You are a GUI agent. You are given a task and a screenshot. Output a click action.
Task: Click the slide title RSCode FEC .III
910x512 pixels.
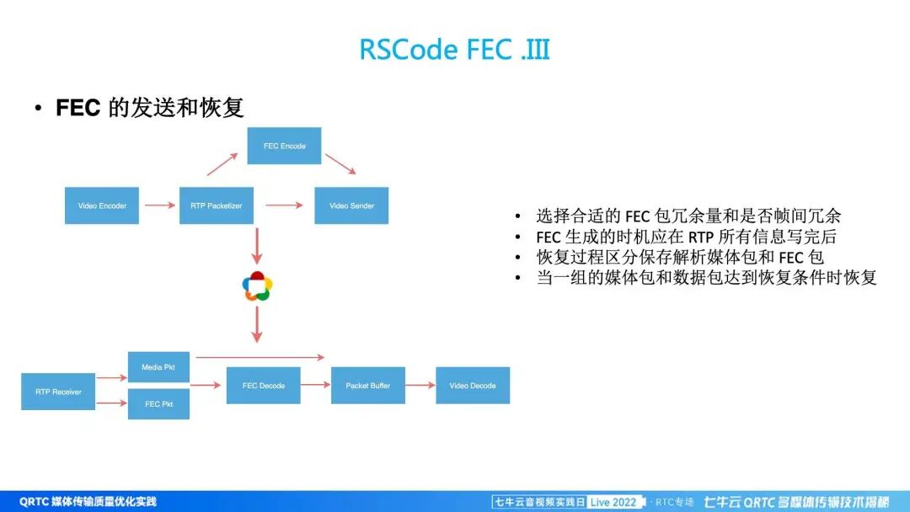point(454,50)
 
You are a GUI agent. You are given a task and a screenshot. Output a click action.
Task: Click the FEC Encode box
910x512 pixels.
point(284,146)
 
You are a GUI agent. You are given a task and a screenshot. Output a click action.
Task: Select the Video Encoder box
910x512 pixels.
point(102,205)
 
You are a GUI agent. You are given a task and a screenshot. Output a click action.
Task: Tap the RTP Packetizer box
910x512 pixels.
point(216,205)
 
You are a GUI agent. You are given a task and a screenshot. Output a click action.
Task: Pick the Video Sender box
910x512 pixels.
point(351,205)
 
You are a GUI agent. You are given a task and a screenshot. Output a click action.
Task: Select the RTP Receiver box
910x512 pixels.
point(58,392)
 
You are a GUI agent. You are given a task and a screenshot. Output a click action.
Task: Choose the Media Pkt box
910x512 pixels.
point(158,367)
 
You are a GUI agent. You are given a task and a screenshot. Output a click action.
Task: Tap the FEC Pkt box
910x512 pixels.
point(158,404)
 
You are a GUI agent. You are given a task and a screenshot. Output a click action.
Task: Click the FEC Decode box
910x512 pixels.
point(263,386)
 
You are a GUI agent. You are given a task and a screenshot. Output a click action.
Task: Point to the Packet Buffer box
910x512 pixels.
point(368,386)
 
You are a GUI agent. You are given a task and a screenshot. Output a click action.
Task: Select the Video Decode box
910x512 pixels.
point(473,386)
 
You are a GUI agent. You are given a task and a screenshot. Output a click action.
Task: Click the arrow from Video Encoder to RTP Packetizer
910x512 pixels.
point(159,205)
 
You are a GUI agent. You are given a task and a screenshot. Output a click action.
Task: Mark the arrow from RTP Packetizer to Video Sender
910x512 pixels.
point(283,205)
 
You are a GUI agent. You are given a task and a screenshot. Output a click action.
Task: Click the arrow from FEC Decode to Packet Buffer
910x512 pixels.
point(315,386)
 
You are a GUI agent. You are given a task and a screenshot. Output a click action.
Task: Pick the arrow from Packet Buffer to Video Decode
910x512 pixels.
point(420,386)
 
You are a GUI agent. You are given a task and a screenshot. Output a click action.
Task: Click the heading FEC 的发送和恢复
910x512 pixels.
point(149,108)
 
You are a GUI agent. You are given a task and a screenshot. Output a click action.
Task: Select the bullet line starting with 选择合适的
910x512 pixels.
point(688,216)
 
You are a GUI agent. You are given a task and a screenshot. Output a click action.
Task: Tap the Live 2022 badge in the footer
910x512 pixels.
point(613,502)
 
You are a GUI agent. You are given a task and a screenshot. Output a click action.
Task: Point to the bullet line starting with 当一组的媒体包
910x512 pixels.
point(706,278)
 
